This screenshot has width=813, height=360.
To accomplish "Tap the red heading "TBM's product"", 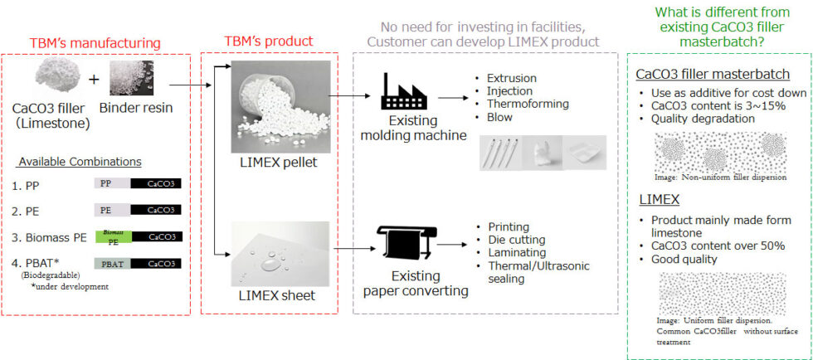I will click(268, 41).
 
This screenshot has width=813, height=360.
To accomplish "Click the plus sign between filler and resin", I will click(94, 81).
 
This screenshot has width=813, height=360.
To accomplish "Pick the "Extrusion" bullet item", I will click(511, 78).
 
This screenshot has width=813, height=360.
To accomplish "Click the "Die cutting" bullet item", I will click(514, 239).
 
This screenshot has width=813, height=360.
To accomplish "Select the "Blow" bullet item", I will click(500, 117).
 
